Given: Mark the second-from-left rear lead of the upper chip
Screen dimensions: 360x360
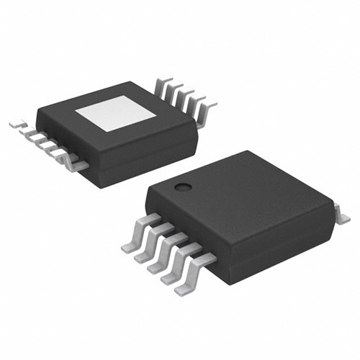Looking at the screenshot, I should tap(175, 84).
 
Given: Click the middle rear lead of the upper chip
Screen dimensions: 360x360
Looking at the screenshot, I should tap(185, 91).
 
